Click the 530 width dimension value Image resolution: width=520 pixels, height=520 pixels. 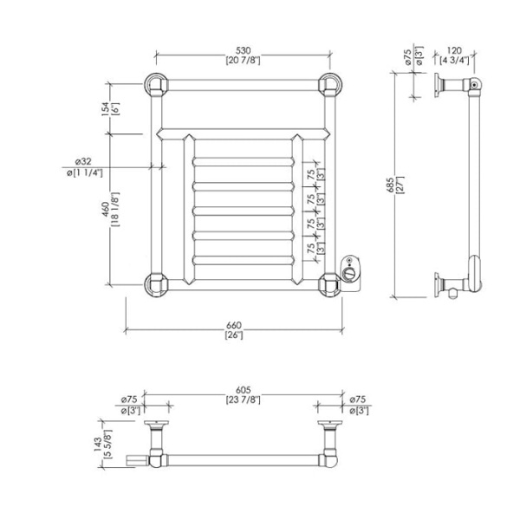(x=243, y=51)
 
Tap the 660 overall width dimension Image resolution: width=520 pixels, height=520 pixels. (x=234, y=325)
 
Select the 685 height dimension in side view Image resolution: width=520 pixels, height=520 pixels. (x=390, y=185)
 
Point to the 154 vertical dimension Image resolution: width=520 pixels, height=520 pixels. (x=105, y=109)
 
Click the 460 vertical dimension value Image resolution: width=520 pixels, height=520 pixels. (x=105, y=209)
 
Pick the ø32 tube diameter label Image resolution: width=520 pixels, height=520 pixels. (x=83, y=161)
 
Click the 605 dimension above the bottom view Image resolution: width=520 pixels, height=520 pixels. (x=243, y=390)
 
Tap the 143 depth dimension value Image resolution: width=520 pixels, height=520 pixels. (x=98, y=444)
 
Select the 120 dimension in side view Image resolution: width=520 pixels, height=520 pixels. (x=454, y=51)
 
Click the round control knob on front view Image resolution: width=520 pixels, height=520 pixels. (x=348, y=275)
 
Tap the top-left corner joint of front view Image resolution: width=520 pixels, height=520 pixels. (x=157, y=85)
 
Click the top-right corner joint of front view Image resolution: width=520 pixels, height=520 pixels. (x=330, y=85)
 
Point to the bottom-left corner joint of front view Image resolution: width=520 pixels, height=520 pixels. (x=157, y=285)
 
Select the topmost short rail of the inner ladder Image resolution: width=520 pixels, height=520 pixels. (x=244, y=162)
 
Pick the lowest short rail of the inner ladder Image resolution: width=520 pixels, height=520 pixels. (x=244, y=260)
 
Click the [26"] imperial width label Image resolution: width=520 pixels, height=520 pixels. (x=234, y=335)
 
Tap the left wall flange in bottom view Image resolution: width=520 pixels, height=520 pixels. (x=156, y=424)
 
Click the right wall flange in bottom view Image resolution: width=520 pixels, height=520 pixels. (x=330, y=424)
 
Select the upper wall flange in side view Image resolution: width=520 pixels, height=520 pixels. (x=438, y=85)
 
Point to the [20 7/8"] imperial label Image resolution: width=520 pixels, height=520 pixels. (x=243, y=61)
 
